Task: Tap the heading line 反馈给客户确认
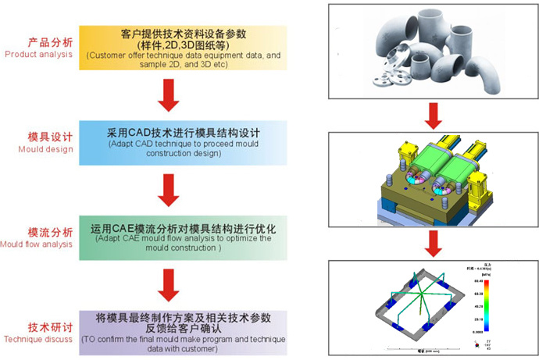pos(184,330)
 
